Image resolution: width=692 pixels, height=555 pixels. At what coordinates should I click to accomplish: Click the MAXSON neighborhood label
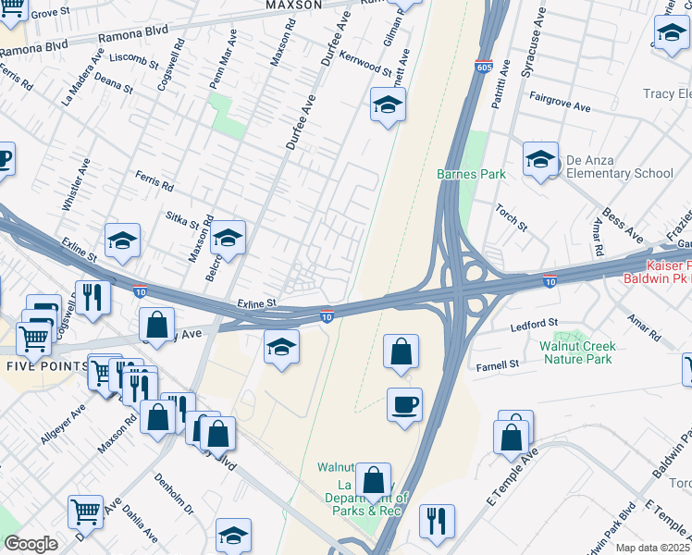point(293,5)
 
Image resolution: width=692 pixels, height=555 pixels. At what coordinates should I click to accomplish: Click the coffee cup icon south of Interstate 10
point(404,405)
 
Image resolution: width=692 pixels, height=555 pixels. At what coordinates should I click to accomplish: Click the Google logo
point(30,543)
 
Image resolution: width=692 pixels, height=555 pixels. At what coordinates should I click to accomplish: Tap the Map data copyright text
point(651,548)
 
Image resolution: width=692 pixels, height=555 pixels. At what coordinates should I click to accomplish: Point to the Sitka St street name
point(181,220)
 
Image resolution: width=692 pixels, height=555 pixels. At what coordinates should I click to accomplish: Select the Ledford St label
point(536,324)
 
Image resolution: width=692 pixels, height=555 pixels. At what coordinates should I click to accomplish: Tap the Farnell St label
point(498,365)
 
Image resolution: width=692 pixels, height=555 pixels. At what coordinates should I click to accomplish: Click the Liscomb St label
point(134,59)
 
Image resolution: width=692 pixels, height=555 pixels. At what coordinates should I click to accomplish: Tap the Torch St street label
point(511,218)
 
